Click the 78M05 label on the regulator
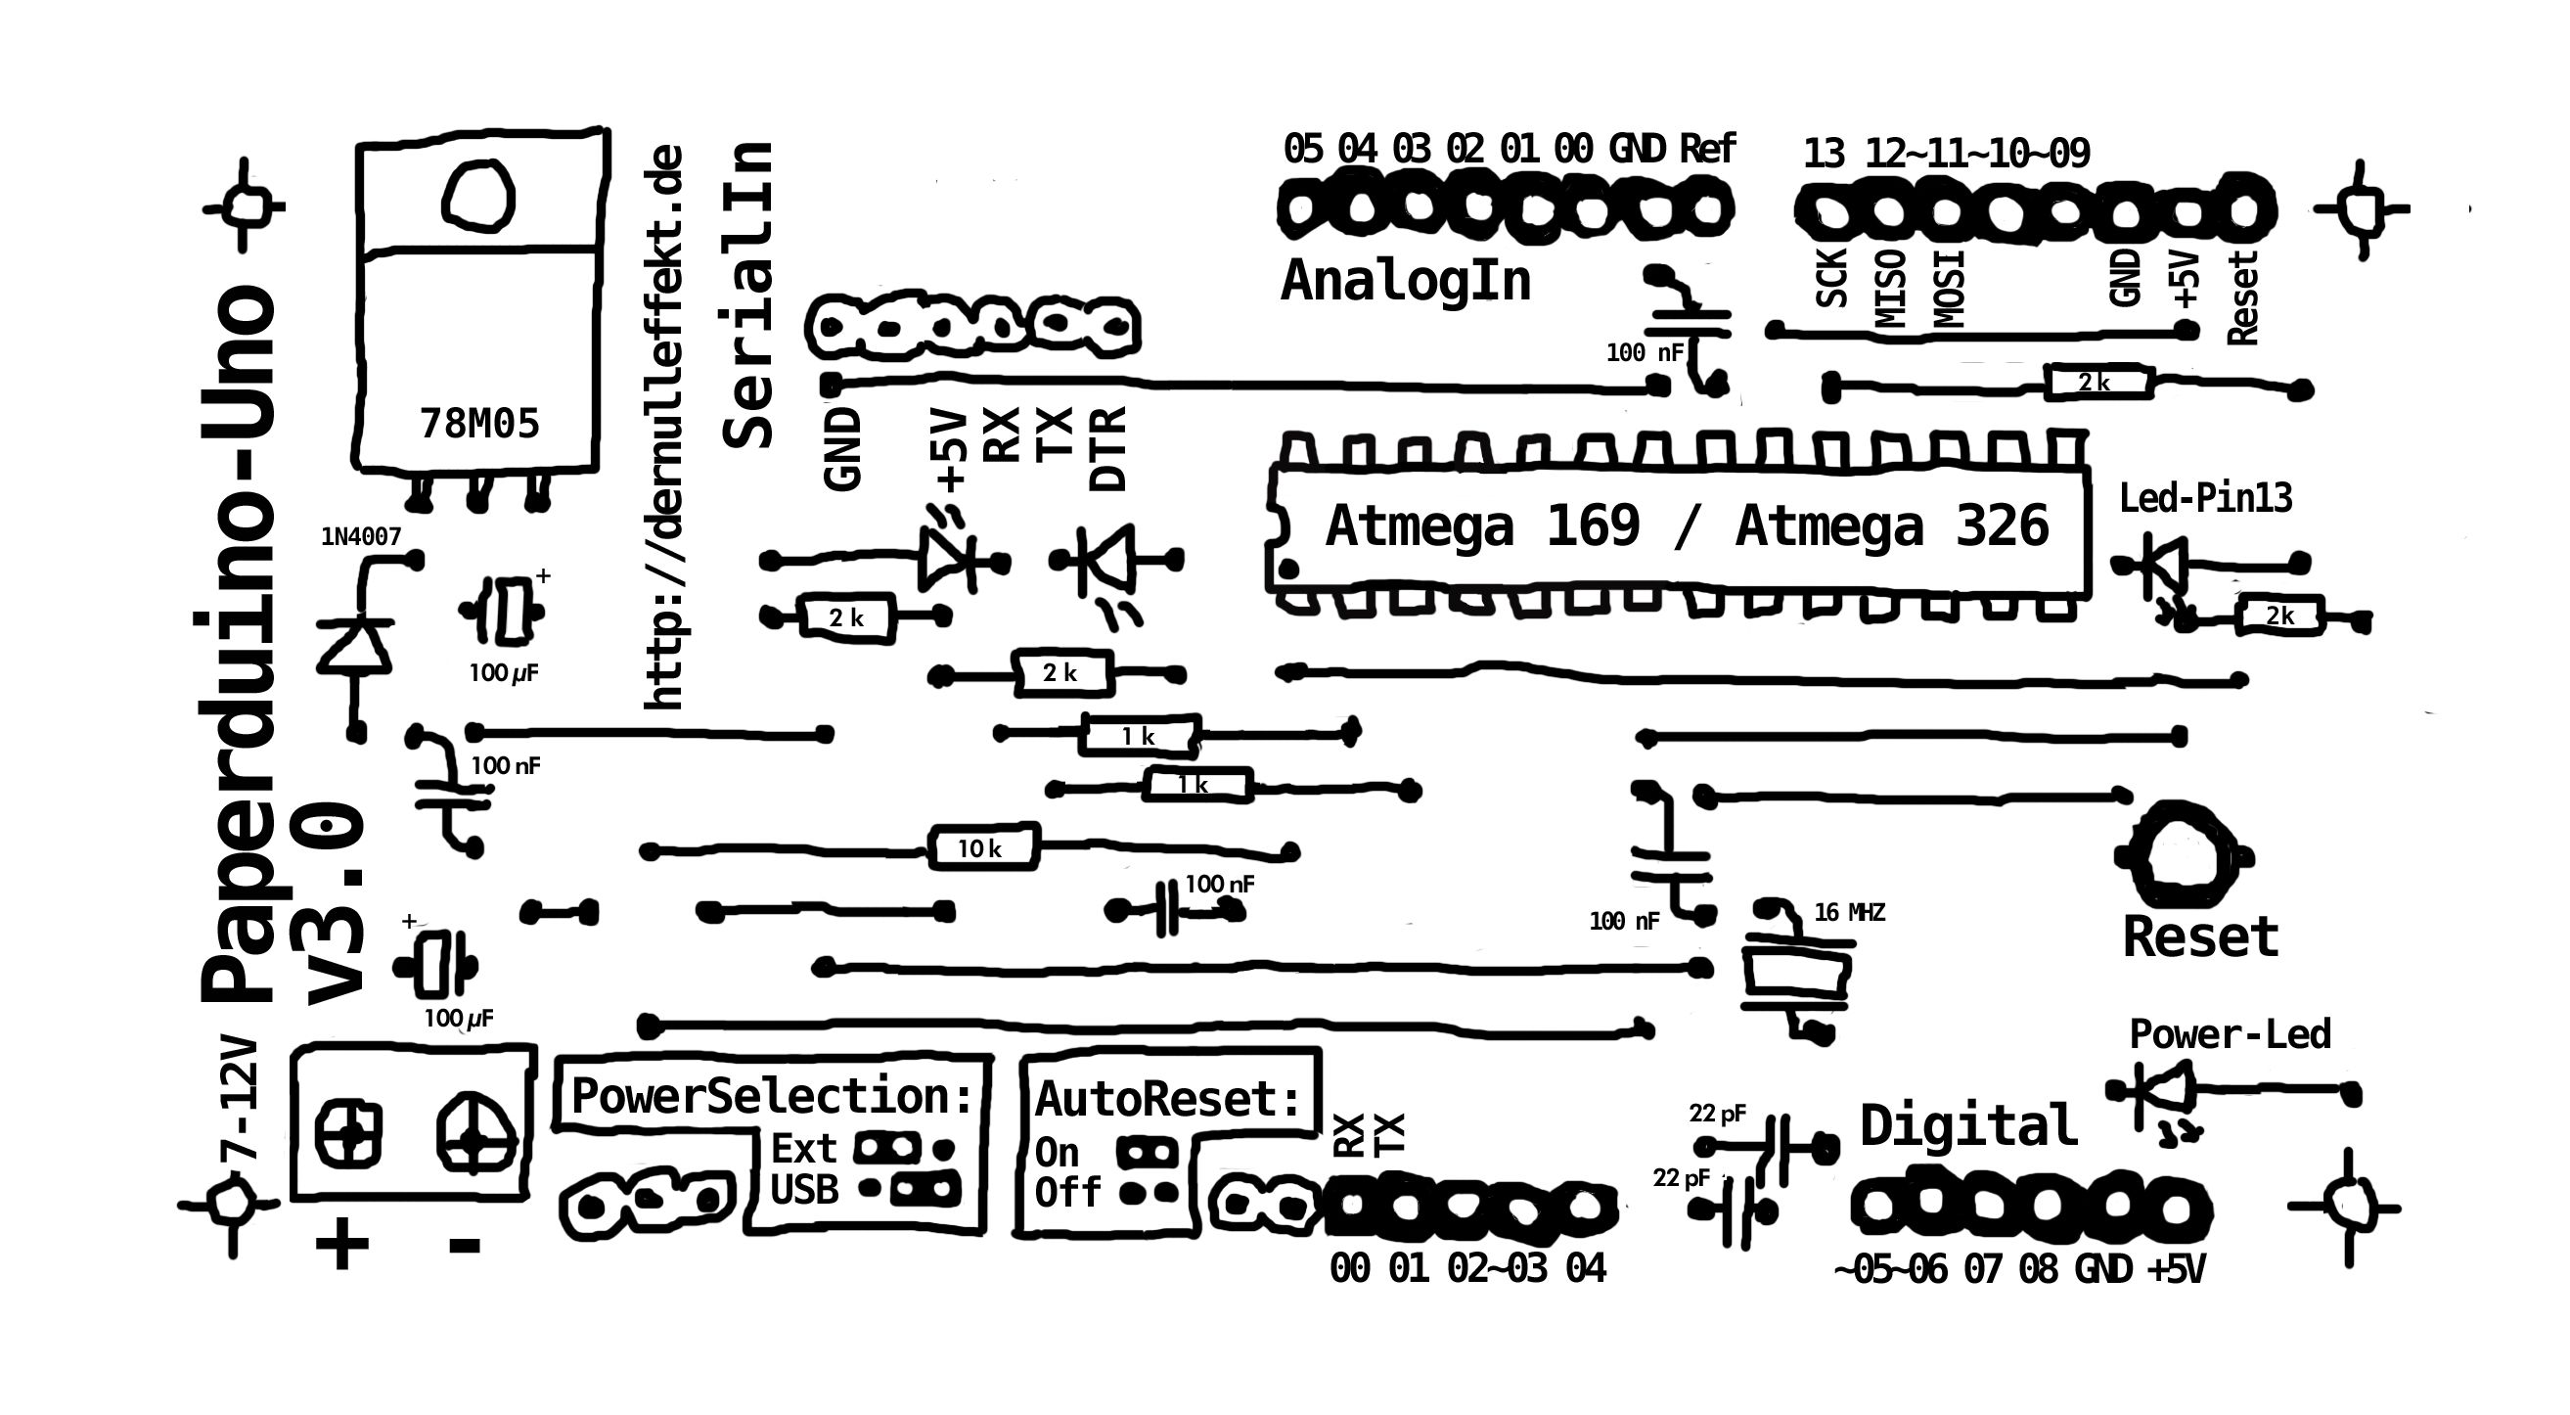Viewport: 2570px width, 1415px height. [x=479, y=424]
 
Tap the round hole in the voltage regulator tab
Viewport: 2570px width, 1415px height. [x=477, y=196]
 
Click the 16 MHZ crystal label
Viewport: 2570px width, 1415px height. [x=1850, y=912]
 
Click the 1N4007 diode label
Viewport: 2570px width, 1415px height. [x=360, y=537]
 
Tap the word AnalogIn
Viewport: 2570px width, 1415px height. [x=1405, y=282]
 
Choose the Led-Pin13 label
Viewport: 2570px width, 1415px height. [x=2205, y=498]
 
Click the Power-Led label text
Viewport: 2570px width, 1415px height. [x=2230, y=1034]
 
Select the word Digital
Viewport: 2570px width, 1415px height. [x=1967, y=1126]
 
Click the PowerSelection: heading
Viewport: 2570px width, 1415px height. [x=771, y=1097]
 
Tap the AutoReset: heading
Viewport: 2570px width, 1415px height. [x=1168, y=1100]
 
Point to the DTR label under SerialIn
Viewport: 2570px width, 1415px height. [x=1108, y=448]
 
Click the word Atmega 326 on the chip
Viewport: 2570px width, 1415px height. [x=1892, y=525]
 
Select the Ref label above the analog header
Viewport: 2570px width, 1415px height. [x=1707, y=150]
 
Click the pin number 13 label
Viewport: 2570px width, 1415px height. [x=1824, y=155]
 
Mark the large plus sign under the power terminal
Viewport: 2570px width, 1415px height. [x=342, y=1245]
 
